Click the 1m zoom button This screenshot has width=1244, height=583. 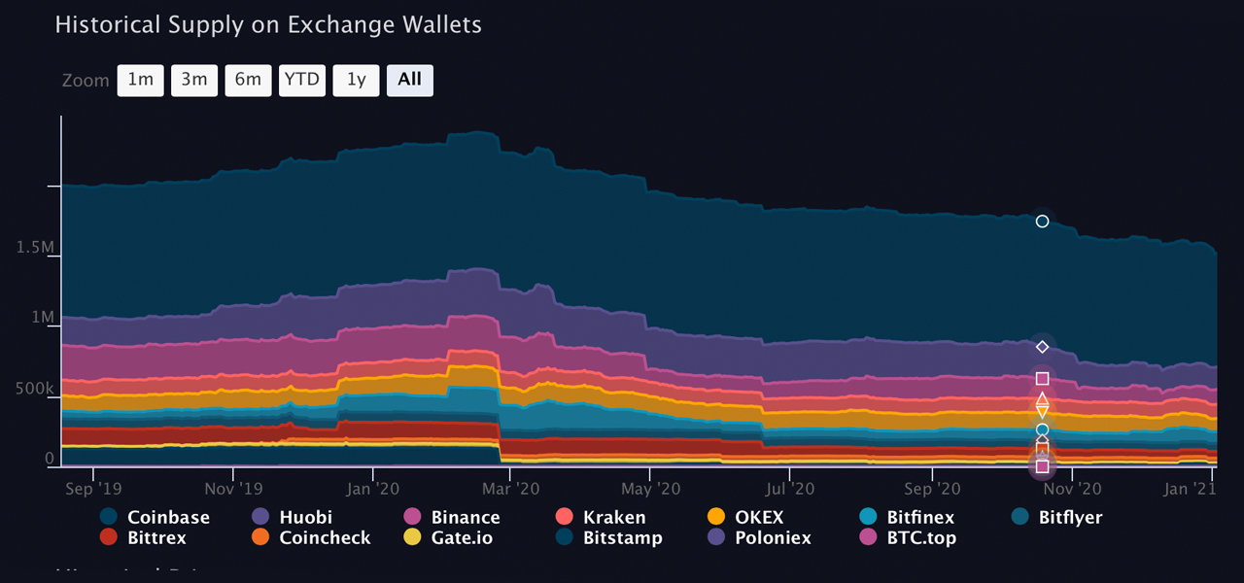(x=141, y=81)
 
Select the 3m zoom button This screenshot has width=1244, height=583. (x=194, y=81)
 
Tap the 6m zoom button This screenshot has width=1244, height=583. (x=248, y=81)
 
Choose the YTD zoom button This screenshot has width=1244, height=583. (x=301, y=81)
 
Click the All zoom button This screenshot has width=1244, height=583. (x=409, y=81)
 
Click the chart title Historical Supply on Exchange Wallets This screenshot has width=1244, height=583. (x=268, y=25)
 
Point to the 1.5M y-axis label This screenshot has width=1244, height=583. (x=35, y=248)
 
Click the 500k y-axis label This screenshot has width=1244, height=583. (x=35, y=390)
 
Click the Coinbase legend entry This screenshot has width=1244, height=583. (x=167, y=518)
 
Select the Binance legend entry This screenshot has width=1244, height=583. (x=465, y=518)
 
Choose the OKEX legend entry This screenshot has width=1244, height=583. (x=758, y=518)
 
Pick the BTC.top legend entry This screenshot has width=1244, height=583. (x=920, y=538)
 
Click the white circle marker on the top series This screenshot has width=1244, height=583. (x=1042, y=222)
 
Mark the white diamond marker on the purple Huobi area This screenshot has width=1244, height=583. (x=1042, y=347)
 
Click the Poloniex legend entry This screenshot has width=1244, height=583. (x=772, y=538)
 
